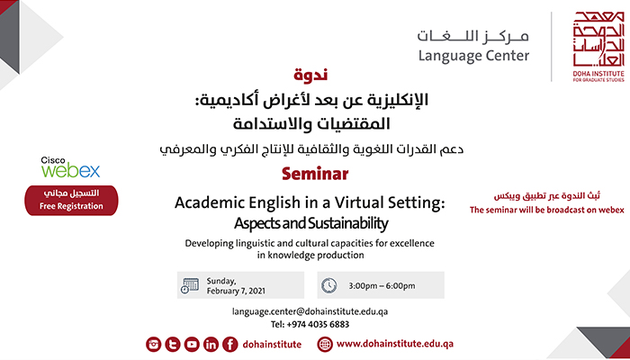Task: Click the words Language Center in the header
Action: click(473, 56)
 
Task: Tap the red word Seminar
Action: click(315, 174)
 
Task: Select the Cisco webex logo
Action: click(70, 167)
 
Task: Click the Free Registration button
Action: click(71, 200)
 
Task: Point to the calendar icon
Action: click(190, 285)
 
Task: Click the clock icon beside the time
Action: click(328, 285)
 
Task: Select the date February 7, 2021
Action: click(236, 291)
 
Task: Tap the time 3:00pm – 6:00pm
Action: click(382, 286)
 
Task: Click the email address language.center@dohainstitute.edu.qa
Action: click(310, 311)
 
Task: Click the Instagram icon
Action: click(154, 345)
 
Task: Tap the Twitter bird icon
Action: click(173, 345)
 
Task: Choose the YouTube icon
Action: click(192, 345)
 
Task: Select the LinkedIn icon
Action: click(211, 345)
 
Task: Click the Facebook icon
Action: click(230, 345)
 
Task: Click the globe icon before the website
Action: click(325, 345)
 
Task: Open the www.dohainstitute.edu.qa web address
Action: click(395, 344)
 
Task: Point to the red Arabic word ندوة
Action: click(310, 75)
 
